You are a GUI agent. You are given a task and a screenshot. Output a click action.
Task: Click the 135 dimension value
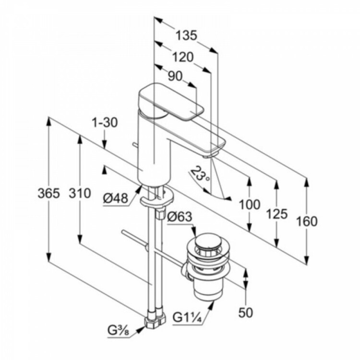pos(186,35)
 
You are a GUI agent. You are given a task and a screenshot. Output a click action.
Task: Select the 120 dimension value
pos(183,57)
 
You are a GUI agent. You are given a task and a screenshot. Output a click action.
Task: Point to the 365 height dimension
pos(49,194)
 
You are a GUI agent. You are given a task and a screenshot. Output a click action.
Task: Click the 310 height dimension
pos(80,194)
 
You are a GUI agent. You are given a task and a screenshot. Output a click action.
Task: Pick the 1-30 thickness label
pos(104,123)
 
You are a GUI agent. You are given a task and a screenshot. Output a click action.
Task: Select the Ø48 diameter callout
pos(115,197)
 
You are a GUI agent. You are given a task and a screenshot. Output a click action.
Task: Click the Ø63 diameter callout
pos(180,217)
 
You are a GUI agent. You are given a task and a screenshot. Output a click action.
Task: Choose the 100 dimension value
pos(250,204)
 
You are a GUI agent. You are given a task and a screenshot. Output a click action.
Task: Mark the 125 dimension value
pos(277,214)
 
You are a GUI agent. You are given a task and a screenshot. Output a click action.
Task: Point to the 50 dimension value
pos(245,313)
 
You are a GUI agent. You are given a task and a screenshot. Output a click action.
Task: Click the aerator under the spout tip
pos(209,155)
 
